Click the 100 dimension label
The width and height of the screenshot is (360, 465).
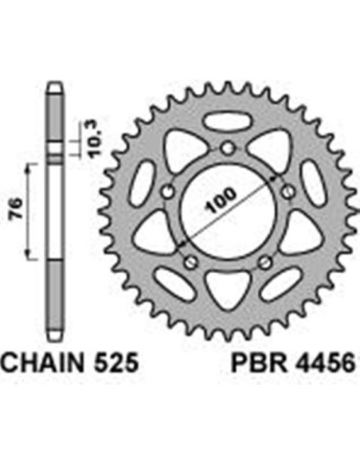tap(221, 200)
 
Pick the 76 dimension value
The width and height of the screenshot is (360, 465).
tap(16, 209)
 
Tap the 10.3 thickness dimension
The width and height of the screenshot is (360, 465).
tap(95, 140)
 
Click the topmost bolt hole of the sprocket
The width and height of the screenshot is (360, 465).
tap(228, 147)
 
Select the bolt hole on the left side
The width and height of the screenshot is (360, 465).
tap(168, 191)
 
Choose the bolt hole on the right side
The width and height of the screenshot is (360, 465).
tap(288, 191)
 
